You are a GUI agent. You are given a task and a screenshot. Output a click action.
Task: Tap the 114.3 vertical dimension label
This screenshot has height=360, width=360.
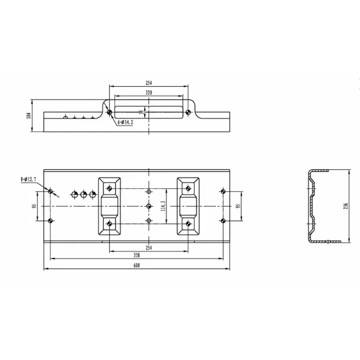tap(162, 206)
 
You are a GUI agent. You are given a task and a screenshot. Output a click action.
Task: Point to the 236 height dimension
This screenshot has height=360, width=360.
tap(346, 205)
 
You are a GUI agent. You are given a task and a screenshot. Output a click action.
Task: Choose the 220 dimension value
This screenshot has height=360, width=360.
tap(148, 93)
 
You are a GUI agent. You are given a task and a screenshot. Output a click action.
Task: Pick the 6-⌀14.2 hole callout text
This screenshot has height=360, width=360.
tap(125, 122)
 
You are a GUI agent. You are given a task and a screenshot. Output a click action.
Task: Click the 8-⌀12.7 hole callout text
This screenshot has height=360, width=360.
tap(29, 179)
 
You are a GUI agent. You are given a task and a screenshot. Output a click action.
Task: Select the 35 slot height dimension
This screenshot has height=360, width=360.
tap(140, 111)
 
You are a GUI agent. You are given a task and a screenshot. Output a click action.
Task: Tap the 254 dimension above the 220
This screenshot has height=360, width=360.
tap(148, 83)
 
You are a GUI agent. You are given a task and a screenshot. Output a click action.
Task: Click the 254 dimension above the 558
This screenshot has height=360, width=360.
tap(149, 247)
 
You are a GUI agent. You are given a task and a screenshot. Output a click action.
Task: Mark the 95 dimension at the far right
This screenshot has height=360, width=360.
tap(237, 206)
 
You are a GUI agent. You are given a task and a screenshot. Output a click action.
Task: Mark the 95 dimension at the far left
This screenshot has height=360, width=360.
tap(35, 206)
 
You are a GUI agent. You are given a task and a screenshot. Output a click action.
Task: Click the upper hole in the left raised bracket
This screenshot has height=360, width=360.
tap(109, 189)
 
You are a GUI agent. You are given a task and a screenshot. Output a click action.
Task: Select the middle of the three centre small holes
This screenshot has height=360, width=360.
tap(149, 206)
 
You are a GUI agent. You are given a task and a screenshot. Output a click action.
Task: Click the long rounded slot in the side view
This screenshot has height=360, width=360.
tap(148, 111)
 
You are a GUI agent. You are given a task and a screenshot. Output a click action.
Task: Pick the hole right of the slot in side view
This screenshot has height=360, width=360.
tap(188, 112)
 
